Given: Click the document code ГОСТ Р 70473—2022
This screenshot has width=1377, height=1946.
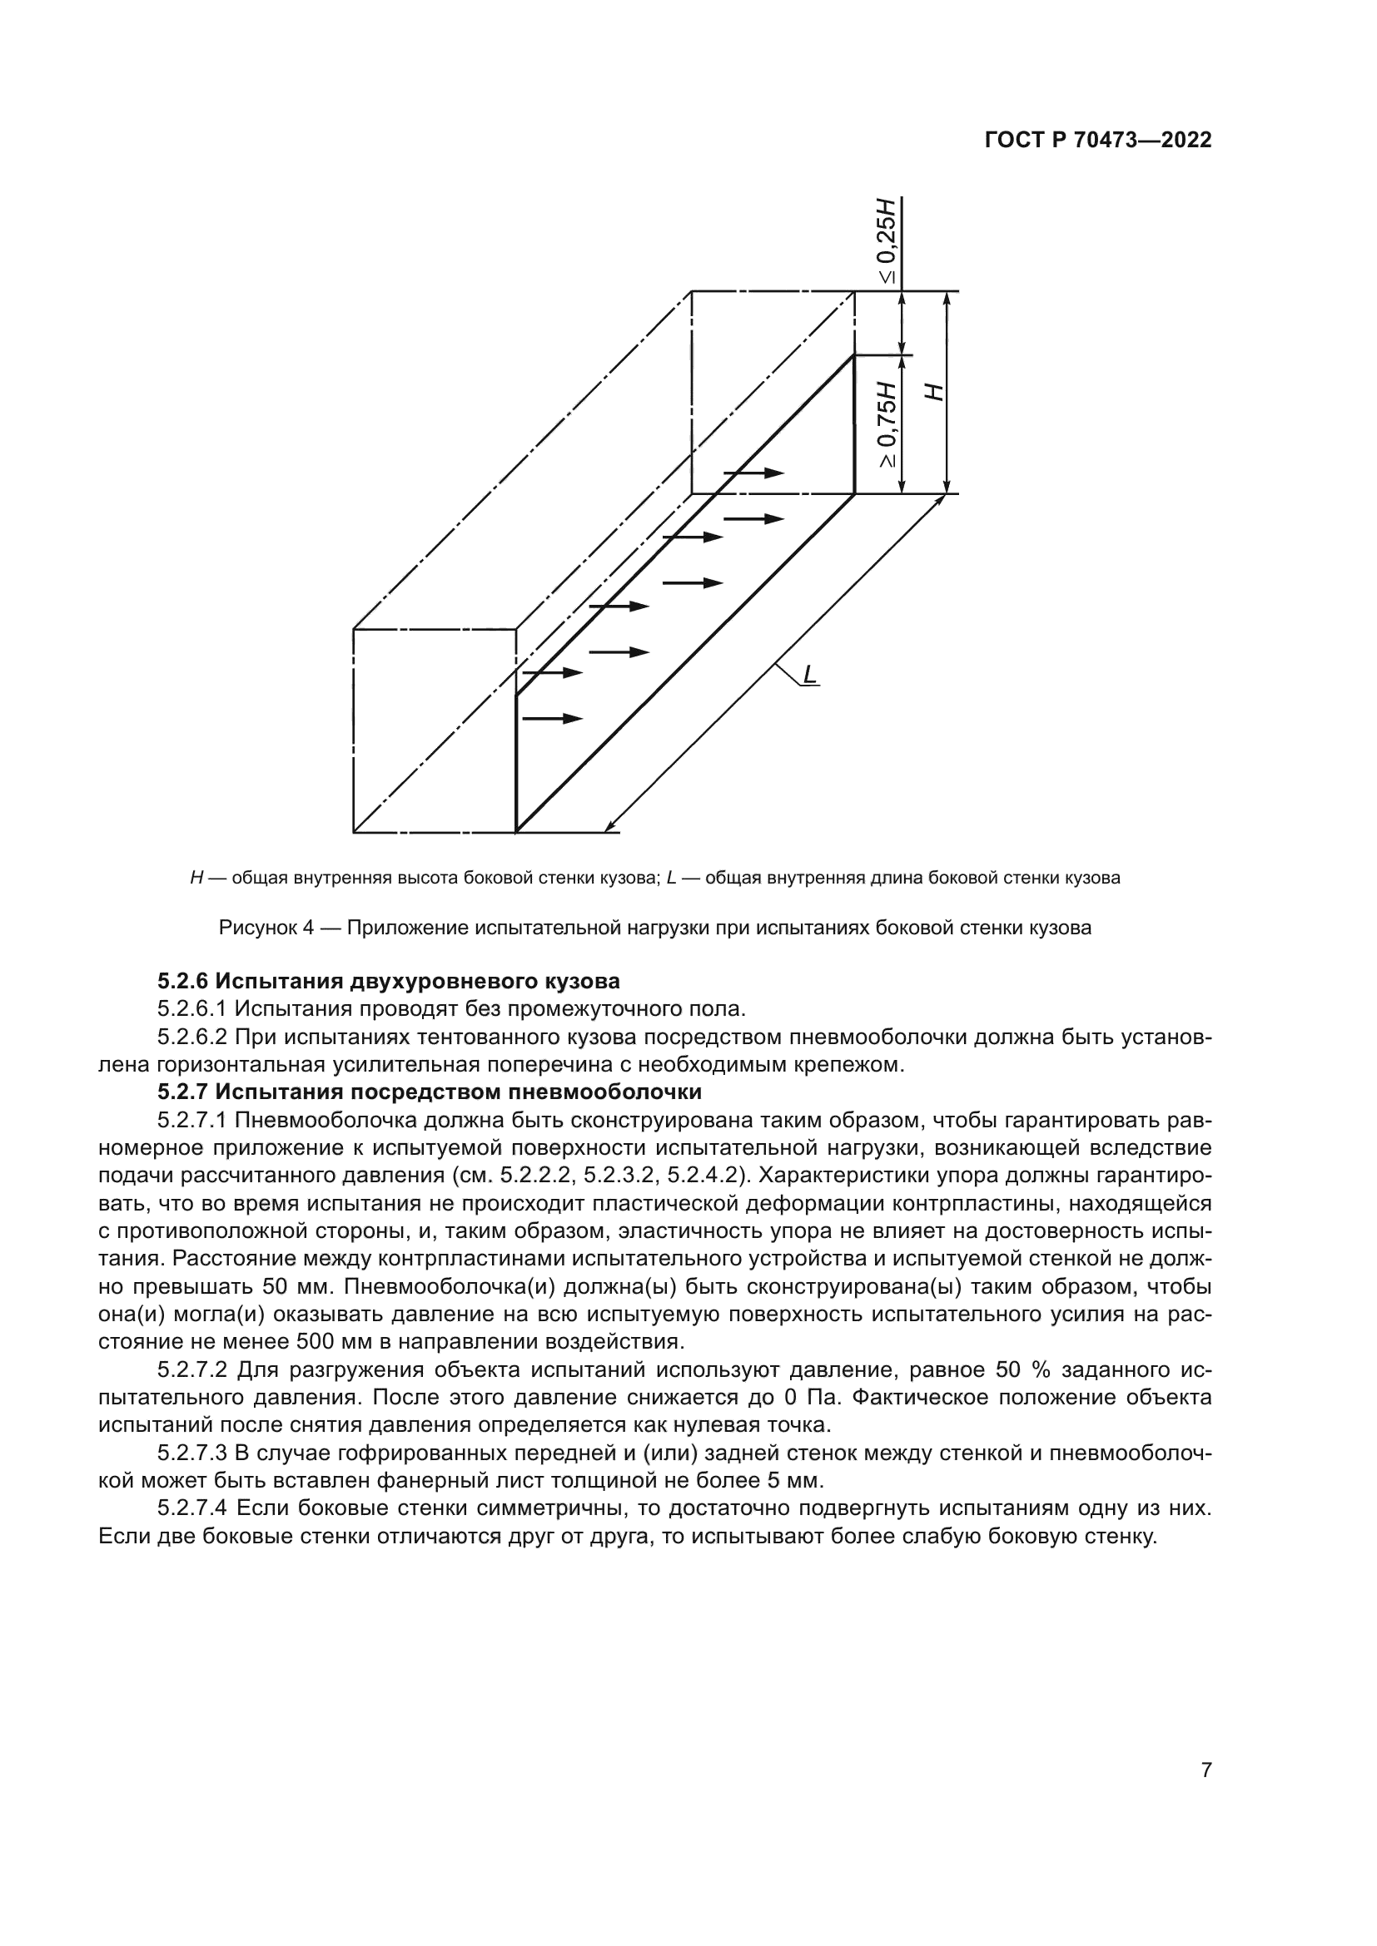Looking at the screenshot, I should point(1098,141).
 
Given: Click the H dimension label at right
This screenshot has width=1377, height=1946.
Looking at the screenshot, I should point(932,392).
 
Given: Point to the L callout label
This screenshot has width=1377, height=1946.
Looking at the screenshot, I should point(810,675).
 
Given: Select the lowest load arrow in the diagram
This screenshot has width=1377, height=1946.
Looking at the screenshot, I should point(552,719).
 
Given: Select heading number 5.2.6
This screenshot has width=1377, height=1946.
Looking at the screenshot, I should point(183,982).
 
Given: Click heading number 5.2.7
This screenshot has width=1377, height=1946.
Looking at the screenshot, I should point(183,1092).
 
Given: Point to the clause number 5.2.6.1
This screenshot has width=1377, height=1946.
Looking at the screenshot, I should point(192,1008).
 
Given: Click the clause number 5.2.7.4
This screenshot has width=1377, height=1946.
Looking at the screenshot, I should point(192,1508).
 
